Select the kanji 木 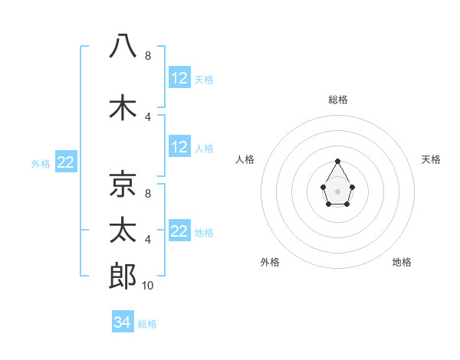pos(123,107)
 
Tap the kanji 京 pos(123,184)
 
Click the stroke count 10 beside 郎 pos(148,286)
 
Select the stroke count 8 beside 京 pos(148,194)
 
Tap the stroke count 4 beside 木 pos(148,116)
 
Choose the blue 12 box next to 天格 pos(179,78)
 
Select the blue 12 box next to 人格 pos(179,147)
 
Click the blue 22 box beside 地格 pos(179,231)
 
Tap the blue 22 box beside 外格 pos(66,162)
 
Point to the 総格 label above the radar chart pos(338,100)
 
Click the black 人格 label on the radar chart pos(245,159)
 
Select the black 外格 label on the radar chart pos(270,263)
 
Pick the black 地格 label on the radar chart pos(402,263)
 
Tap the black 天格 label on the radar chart pos(431,159)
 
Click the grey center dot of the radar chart pos(337,191)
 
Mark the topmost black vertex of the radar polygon pos(337,161)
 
